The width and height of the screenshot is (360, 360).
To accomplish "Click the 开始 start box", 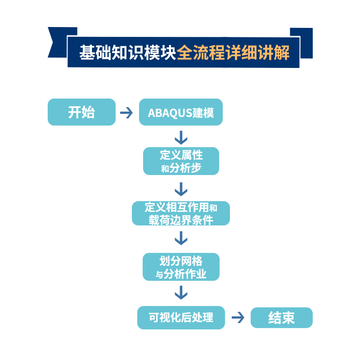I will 81,112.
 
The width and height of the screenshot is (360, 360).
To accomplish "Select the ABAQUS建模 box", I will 180,112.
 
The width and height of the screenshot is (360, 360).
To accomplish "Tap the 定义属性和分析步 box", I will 181,161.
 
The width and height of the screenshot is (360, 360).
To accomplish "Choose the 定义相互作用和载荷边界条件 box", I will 180,213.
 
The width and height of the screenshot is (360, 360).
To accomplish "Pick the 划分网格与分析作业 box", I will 181,267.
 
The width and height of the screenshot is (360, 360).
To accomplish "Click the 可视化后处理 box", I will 180,317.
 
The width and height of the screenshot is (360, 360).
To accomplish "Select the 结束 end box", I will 281,318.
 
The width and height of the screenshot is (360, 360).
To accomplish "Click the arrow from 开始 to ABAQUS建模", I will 126,112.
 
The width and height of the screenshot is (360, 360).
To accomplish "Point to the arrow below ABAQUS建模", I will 181,137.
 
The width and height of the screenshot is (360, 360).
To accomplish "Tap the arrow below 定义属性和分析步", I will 181,189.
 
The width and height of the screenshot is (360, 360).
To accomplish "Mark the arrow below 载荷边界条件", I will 181,238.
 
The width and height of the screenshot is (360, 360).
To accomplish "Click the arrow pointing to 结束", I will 238,318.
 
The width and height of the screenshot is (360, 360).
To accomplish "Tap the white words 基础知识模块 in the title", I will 128,53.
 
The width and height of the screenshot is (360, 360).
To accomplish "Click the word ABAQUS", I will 170,112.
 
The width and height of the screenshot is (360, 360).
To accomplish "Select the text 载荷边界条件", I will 181,220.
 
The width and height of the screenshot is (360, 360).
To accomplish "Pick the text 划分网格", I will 181,261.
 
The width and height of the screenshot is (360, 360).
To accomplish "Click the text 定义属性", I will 181,155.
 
